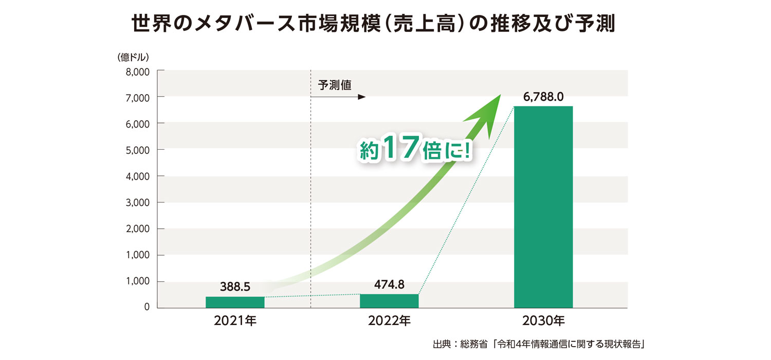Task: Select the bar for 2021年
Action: coord(235,302)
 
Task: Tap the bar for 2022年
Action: coord(389,301)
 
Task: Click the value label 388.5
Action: coord(235,287)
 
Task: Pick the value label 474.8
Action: coord(389,284)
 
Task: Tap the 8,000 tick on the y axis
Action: coord(137,71)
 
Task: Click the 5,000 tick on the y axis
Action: coord(137,150)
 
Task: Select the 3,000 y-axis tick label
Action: coord(137,203)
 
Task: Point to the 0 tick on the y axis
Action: coord(146,308)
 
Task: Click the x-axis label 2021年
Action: coord(235,322)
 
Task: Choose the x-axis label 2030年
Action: coord(543,322)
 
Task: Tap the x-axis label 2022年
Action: coord(389,322)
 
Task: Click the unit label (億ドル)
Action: coord(133,57)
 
